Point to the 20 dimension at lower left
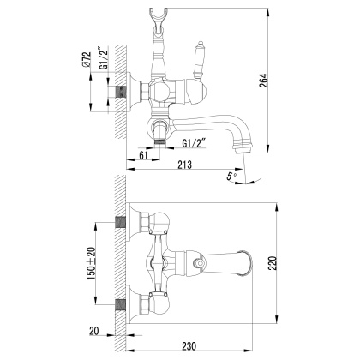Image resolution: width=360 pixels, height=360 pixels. click(x=93, y=332)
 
